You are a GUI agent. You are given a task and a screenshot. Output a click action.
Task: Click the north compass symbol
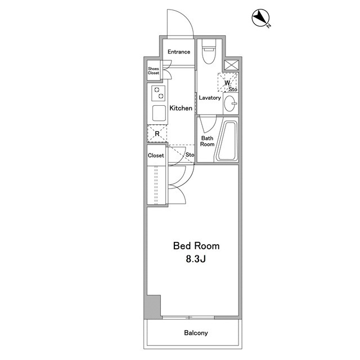tap(261, 18)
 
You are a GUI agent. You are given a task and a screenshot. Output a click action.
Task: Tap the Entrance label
tap(179, 52)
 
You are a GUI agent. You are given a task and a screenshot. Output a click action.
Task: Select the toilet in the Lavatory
tap(209, 52)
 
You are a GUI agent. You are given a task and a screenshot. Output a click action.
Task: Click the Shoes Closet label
tap(154, 71)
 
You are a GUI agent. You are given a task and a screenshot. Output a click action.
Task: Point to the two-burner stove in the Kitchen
tap(158, 93)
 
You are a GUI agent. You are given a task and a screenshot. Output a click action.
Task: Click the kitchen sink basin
tap(159, 113)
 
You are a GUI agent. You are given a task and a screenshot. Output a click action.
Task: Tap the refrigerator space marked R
tap(157, 133)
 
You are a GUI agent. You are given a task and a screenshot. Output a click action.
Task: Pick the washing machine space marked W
tap(227, 82)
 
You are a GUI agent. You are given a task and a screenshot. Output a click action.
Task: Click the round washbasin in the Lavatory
tap(230, 103)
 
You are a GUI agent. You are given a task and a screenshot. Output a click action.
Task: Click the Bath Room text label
tap(208, 141)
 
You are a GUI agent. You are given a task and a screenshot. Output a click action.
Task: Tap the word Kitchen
tap(181, 108)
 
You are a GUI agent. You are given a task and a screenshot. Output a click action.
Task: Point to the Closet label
tap(156, 155)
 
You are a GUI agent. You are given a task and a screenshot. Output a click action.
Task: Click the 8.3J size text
tap(196, 259)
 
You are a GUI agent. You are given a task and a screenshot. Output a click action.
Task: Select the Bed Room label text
tap(196, 246)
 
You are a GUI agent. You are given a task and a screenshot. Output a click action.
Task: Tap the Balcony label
tap(196, 333)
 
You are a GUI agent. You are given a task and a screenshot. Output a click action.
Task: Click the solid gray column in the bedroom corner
tap(152, 307)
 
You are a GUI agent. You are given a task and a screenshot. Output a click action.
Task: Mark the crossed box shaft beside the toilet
tap(231, 65)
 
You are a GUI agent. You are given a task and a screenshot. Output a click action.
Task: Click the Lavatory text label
tap(210, 98)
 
